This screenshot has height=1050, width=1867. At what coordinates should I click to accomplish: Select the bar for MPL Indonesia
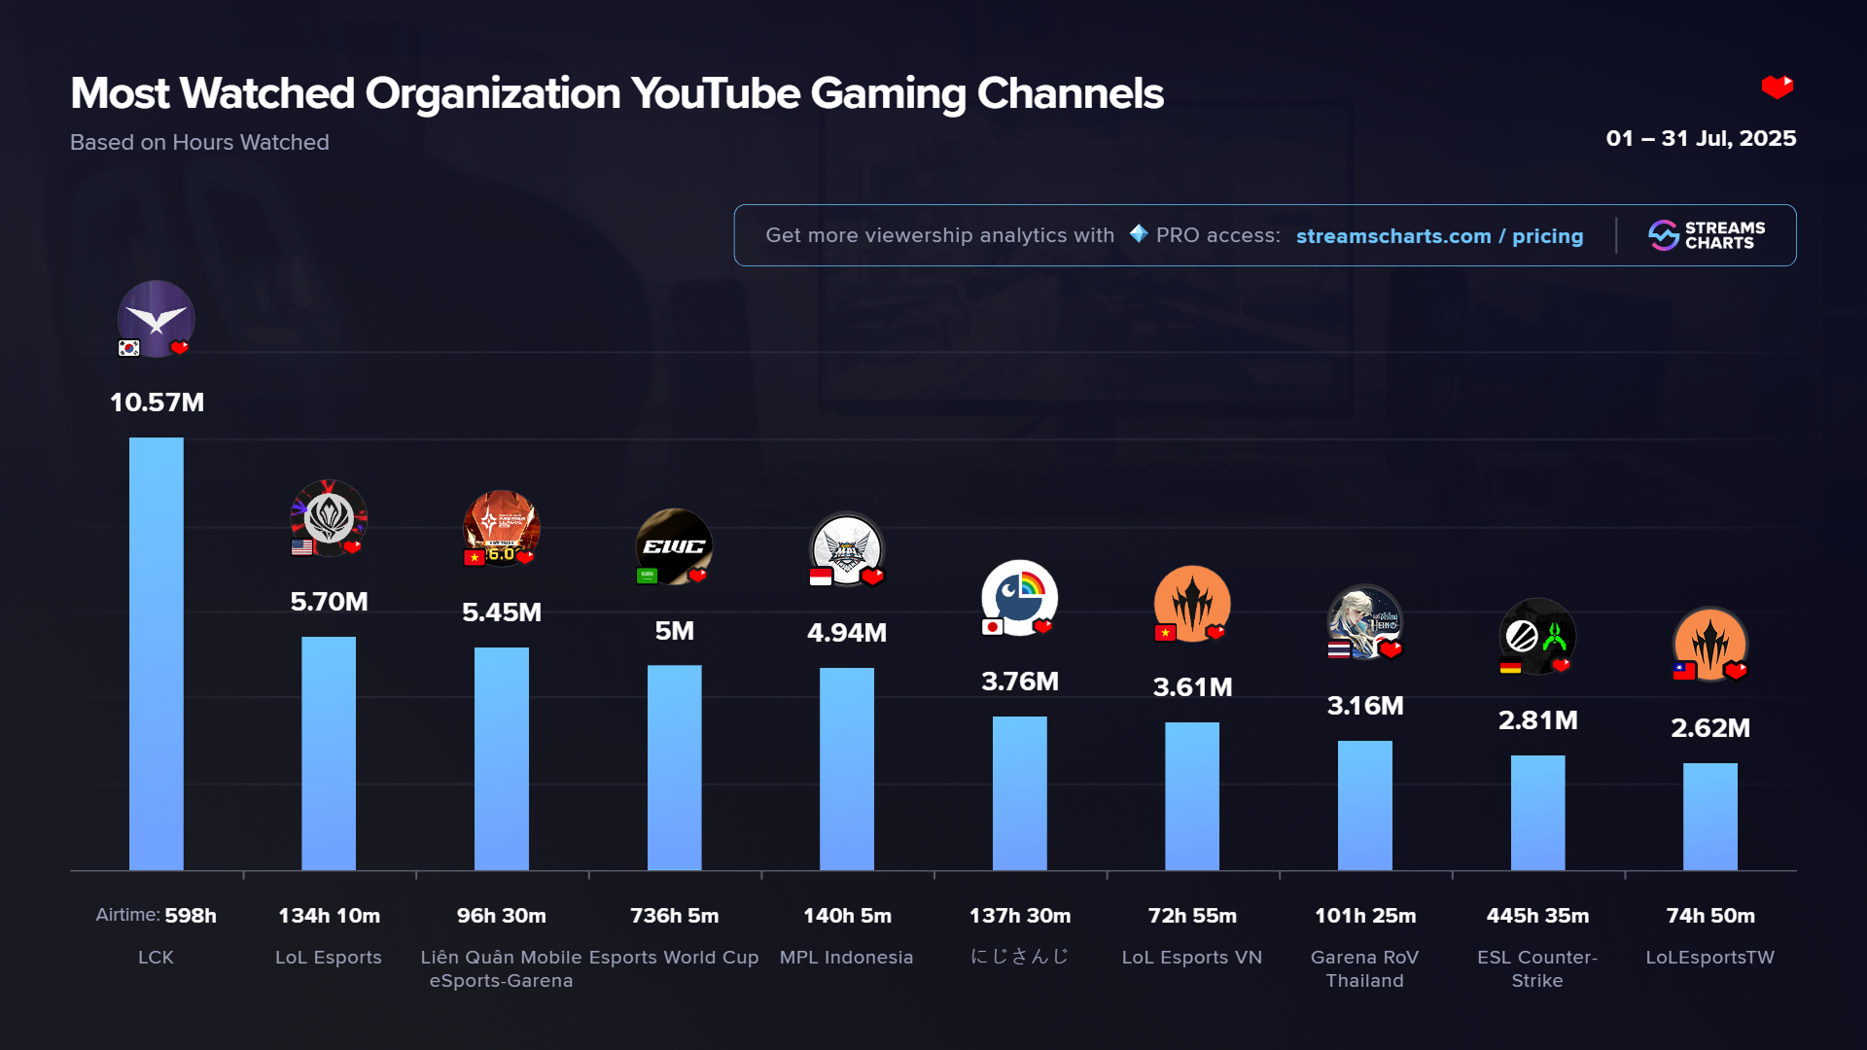[x=846, y=768]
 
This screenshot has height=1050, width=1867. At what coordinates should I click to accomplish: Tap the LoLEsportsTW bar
[x=1709, y=817]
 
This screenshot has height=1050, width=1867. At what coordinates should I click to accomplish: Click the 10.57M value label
[x=157, y=402]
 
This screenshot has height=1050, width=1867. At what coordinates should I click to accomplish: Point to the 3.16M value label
[x=1364, y=706]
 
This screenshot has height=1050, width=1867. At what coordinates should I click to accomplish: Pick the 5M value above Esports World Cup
[x=674, y=631]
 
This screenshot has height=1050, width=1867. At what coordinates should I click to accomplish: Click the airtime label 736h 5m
[x=674, y=916]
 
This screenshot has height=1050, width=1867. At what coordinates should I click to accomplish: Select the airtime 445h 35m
[x=1537, y=916]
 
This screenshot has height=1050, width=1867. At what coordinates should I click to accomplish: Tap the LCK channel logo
[x=156, y=318]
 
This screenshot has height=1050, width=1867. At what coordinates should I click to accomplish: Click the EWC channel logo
[x=674, y=545]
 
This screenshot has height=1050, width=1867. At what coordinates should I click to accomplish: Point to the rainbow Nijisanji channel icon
[x=1019, y=596]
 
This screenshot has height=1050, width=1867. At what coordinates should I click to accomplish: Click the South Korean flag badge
[x=128, y=348]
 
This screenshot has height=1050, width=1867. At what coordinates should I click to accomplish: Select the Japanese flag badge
[x=992, y=627]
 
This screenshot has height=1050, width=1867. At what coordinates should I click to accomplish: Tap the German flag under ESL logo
[x=1509, y=667]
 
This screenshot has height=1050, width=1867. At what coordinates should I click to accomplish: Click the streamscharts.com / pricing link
[x=1439, y=236]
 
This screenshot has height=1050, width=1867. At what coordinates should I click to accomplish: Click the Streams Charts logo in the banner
[x=1707, y=235]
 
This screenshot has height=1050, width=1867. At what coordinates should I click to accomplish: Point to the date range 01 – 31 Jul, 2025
[x=1701, y=138]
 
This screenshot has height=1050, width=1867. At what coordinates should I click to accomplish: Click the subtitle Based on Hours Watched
[x=199, y=142]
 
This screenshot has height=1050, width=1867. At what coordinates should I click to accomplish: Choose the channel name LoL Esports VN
[x=1191, y=958]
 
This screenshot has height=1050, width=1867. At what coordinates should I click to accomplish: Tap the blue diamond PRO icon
[x=1138, y=234]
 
